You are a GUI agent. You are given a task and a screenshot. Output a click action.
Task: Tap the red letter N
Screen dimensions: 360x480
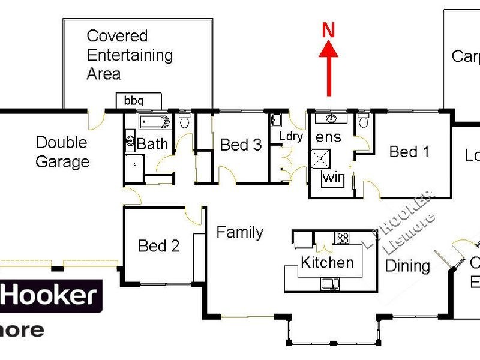point(328,31)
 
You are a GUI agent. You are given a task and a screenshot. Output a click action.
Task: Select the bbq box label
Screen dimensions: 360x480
point(134,100)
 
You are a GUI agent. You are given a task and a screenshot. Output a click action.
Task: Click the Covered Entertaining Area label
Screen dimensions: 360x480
point(130,55)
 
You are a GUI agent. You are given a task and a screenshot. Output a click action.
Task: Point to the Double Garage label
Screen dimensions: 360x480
point(62,152)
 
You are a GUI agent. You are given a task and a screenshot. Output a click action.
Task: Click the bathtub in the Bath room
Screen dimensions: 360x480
point(155,122)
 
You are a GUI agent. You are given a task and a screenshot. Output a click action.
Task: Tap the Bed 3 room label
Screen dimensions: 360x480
point(241,145)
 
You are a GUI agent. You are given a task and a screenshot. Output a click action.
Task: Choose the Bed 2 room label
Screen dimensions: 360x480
point(158,246)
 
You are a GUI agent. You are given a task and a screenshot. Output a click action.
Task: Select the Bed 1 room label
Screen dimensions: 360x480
point(409,152)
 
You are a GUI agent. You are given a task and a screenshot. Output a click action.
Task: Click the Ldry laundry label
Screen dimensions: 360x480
point(291,136)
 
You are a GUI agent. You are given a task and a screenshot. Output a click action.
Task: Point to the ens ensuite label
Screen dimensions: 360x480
point(328,137)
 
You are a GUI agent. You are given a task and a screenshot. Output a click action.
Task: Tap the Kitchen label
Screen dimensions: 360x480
point(327,262)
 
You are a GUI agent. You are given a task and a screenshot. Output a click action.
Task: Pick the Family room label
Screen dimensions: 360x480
point(239,232)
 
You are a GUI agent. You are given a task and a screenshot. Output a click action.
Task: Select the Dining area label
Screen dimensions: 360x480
point(407,266)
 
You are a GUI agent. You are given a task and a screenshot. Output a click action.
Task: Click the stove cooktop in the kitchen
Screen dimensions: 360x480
point(343,237)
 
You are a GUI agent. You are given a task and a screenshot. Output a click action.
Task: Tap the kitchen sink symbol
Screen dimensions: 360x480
point(330,284)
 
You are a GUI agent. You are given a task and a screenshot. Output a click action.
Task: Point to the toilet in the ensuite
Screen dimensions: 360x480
point(363,122)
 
